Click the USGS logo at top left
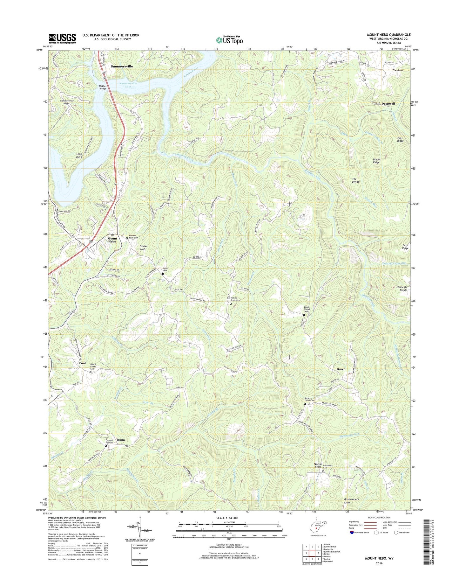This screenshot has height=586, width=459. [x=62, y=38]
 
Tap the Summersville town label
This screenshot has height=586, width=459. [x=122, y=66]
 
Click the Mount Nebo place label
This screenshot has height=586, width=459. [x=112, y=240]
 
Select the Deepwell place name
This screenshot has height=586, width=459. [x=388, y=104]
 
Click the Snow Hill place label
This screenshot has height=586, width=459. [x=318, y=466]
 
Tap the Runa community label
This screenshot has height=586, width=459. [x=121, y=440]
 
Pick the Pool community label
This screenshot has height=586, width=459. [x=82, y=363]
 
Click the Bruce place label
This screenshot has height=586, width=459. [x=341, y=369]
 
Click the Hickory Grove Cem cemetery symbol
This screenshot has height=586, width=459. [x=231, y=304]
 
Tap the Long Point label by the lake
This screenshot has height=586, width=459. [x=79, y=156]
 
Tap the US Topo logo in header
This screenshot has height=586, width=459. [x=229, y=40]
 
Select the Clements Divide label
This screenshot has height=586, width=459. [x=402, y=289]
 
